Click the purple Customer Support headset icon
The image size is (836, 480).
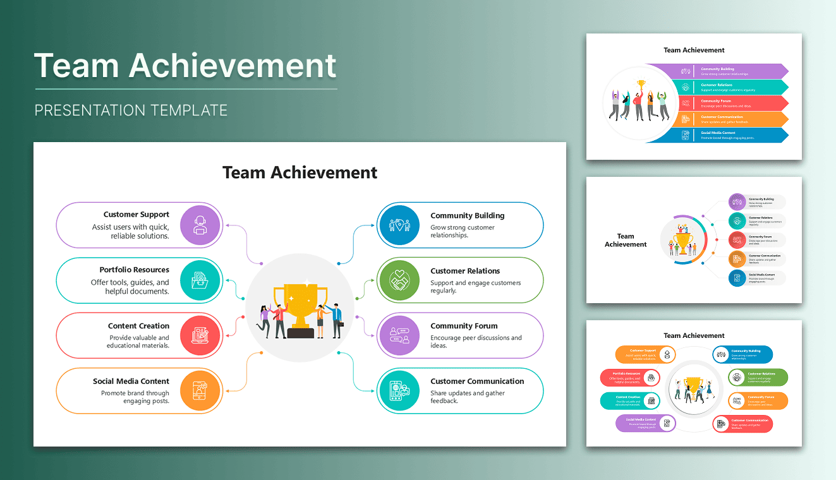pos(200,225)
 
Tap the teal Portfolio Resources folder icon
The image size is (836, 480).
pos(200,280)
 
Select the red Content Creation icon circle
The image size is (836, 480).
pos(200,335)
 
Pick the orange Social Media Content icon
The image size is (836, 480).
pos(200,390)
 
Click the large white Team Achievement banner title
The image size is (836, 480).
pos(185,66)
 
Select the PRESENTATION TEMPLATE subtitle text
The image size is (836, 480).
pos(131,111)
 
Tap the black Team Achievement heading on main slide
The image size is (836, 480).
pos(300,172)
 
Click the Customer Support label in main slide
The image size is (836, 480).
pos(136,214)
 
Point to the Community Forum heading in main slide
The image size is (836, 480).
pos(464,326)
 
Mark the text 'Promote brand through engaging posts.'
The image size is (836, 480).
pos(135,397)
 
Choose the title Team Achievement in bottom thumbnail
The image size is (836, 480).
pos(694,335)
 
